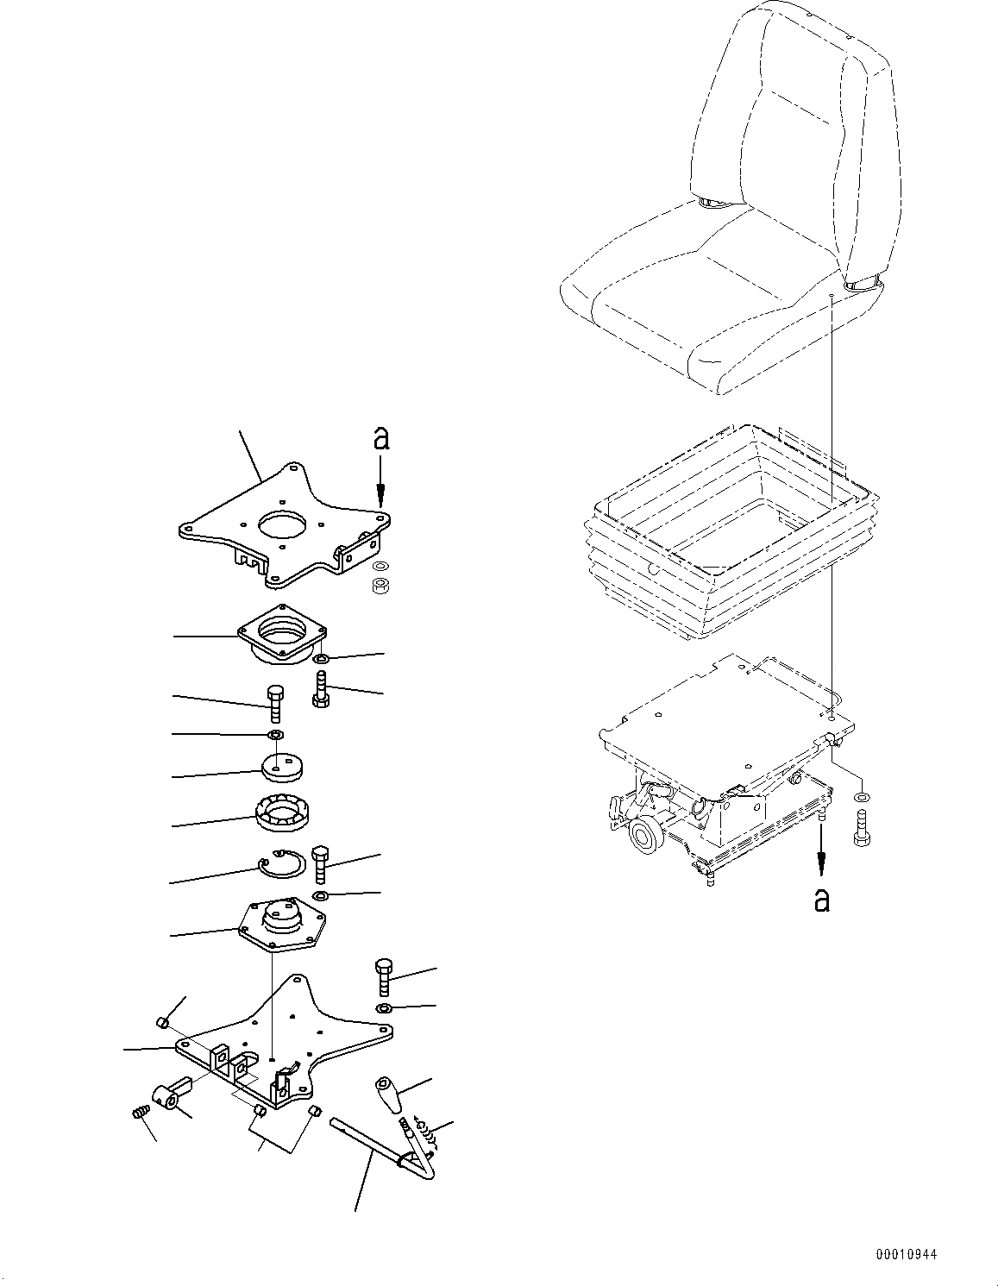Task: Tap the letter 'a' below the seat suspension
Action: [821, 900]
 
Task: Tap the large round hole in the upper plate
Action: [285, 526]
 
